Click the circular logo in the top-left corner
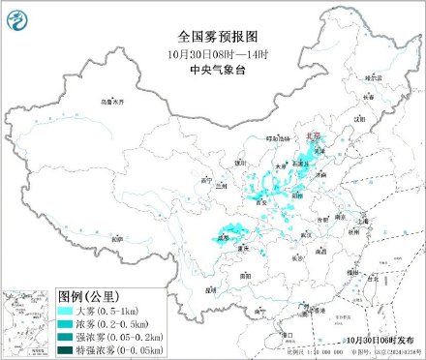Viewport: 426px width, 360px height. click(x=18, y=17)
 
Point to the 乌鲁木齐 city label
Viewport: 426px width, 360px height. click(x=113, y=101)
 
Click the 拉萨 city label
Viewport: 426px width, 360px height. click(x=114, y=236)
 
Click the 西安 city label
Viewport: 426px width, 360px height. click(x=259, y=204)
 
